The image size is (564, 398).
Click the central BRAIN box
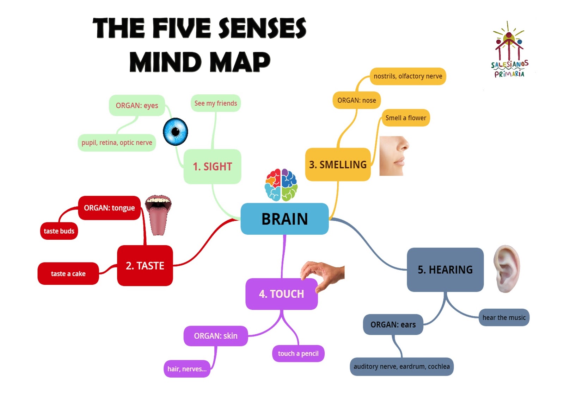pyautogui.click(x=284, y=219)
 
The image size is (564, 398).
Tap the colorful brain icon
pyautogui.click(x=281, y=185)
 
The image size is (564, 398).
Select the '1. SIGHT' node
pyautogui.click(x=212, y=166)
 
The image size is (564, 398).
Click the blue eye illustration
pyautogui.click(x=175, y=132)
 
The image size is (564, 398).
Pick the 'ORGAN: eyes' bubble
pyautogui.click(x=137, y=105)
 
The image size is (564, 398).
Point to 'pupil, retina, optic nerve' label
pyautogui.click(x=117, y=143)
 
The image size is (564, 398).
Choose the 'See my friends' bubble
pyautogui.click(x=215, y=103)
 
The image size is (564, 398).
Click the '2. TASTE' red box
pyautogui.click(x=145, y=266)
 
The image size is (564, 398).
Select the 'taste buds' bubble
pyautogui.click(x=59, y=231)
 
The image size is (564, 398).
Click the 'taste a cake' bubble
pyautogui.click(x=68, y=273)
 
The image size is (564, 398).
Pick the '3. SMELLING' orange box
pyautogui.click(x=338, y=164)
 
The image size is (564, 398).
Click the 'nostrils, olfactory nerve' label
pyautogui.click(x=407, y=76)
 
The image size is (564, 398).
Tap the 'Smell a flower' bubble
pyautogui.click(x=405, y=118)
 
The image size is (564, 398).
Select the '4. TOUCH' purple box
pyautogui.click(x=281, y=294)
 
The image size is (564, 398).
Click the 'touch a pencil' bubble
pyautogui.click(x=298, y=353)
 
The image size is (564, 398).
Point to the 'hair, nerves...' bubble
pyautogui.click(x=187, y=369)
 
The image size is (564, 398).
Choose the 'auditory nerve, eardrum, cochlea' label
pyautogui.click(x=401, y=366)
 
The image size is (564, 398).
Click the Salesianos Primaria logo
pyautogui.click(x=509, y=51)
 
